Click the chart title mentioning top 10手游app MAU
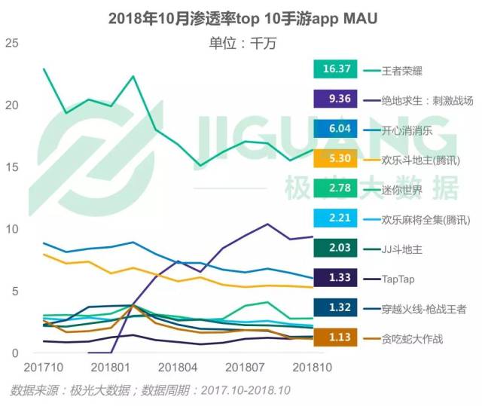click(x=242, y=17)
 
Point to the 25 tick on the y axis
click(x=11, y=43)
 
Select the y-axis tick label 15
click(x=11, y=166)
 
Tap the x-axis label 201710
click(x=44, y=368)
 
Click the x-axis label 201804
click(x=178, y=368)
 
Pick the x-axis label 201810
click(x=313, y=368)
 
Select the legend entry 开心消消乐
click(x=407, y=130)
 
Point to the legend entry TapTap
click(x=399, y=278)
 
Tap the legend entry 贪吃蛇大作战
click(x=413, y=338)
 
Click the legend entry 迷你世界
click(x=404, y=189)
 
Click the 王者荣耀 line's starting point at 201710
click(x=44, y=69)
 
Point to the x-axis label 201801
click(x=111, y=368)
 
